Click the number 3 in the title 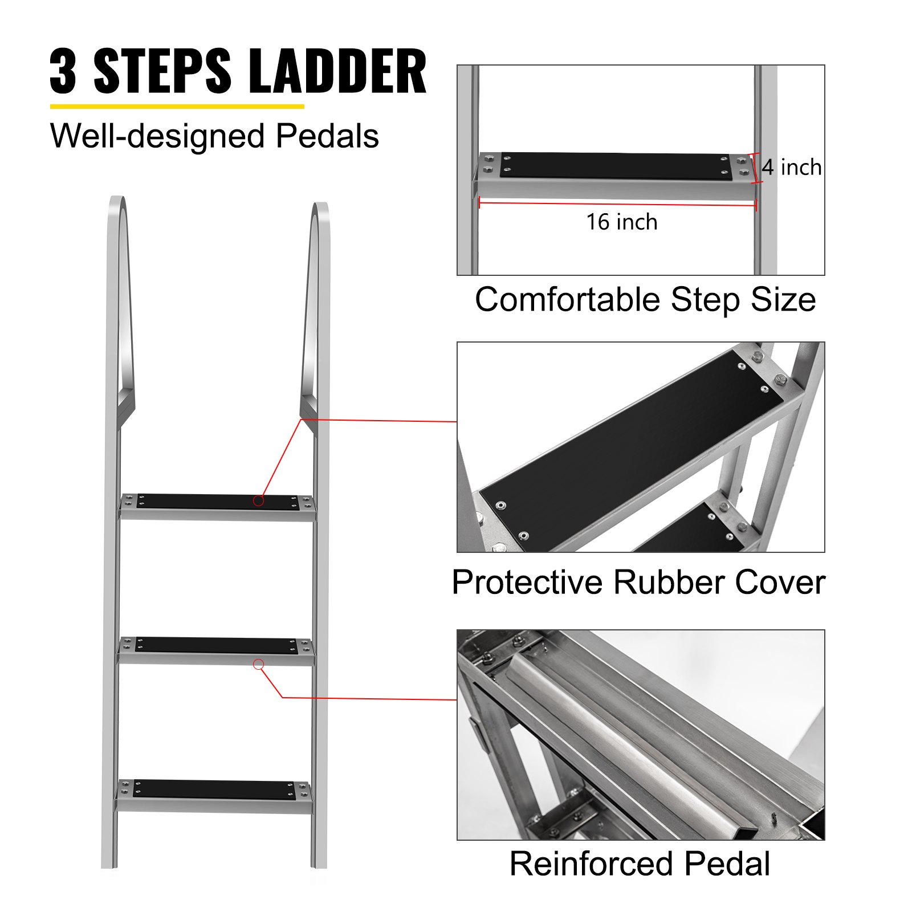[63, 71]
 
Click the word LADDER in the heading [337, 71]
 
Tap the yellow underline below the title [177, 106]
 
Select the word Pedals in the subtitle [327, 136]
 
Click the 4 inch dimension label [791, 168]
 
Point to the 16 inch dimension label [622, 222]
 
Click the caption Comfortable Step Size [645, 300]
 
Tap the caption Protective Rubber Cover [638, 583]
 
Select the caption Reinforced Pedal [640, 864]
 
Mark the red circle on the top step [259, 500]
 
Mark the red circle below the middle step [258, 664]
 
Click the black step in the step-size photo [613, 165]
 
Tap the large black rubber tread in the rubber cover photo [627, 450]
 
